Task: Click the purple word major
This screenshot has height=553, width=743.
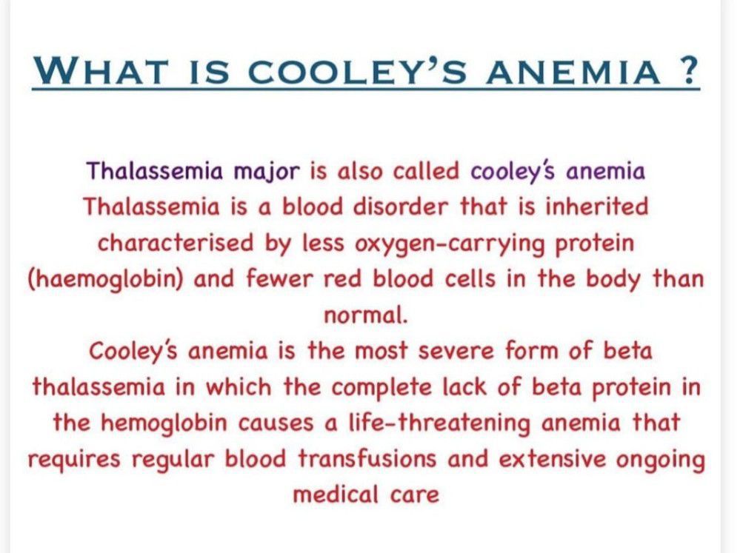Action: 267,172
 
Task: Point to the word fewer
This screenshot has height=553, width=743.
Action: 279,278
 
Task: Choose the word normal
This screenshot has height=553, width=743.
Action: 366,315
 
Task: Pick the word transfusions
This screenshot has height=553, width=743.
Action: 367,459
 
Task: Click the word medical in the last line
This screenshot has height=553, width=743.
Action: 336,495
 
